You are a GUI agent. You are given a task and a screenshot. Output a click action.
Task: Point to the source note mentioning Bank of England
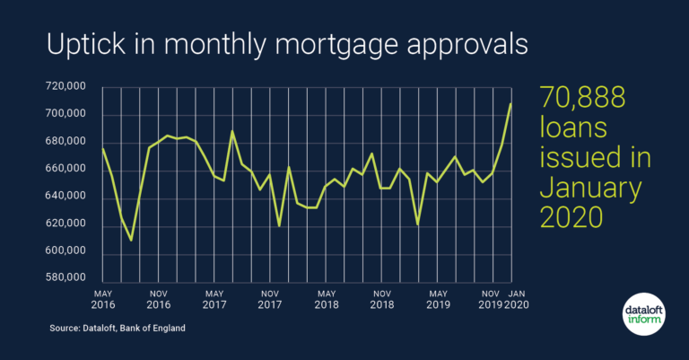118,329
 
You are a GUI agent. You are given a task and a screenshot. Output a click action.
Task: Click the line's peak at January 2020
511,104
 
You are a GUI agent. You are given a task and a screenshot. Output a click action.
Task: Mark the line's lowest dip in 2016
131,241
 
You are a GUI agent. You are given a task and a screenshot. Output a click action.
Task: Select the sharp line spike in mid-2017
232,131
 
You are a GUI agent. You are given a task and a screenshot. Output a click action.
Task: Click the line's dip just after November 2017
279,226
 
